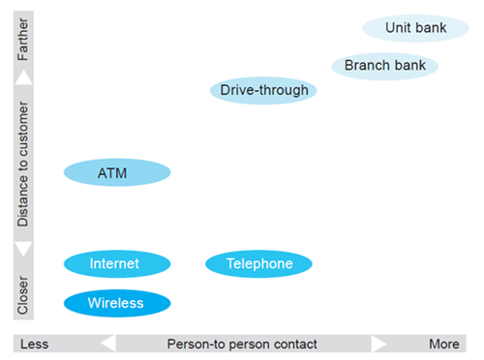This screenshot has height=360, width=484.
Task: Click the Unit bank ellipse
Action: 415,28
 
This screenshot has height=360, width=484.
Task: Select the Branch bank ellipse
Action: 384,66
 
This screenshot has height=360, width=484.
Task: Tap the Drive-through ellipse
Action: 264,91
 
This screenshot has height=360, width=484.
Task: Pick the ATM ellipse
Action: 116,173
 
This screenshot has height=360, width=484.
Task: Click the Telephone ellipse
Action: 258,263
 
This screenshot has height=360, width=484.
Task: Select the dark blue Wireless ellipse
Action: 116,303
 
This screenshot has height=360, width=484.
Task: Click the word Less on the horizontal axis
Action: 35,344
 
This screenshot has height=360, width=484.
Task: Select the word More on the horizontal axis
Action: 444,344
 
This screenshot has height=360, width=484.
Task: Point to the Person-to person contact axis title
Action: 242,344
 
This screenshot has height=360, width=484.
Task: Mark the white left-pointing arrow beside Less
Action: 107,344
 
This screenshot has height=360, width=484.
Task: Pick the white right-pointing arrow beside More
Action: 379,344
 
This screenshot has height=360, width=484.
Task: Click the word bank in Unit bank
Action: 431,28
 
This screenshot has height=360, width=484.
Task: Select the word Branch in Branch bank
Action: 367,66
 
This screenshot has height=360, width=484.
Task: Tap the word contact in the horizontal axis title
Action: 292,344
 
